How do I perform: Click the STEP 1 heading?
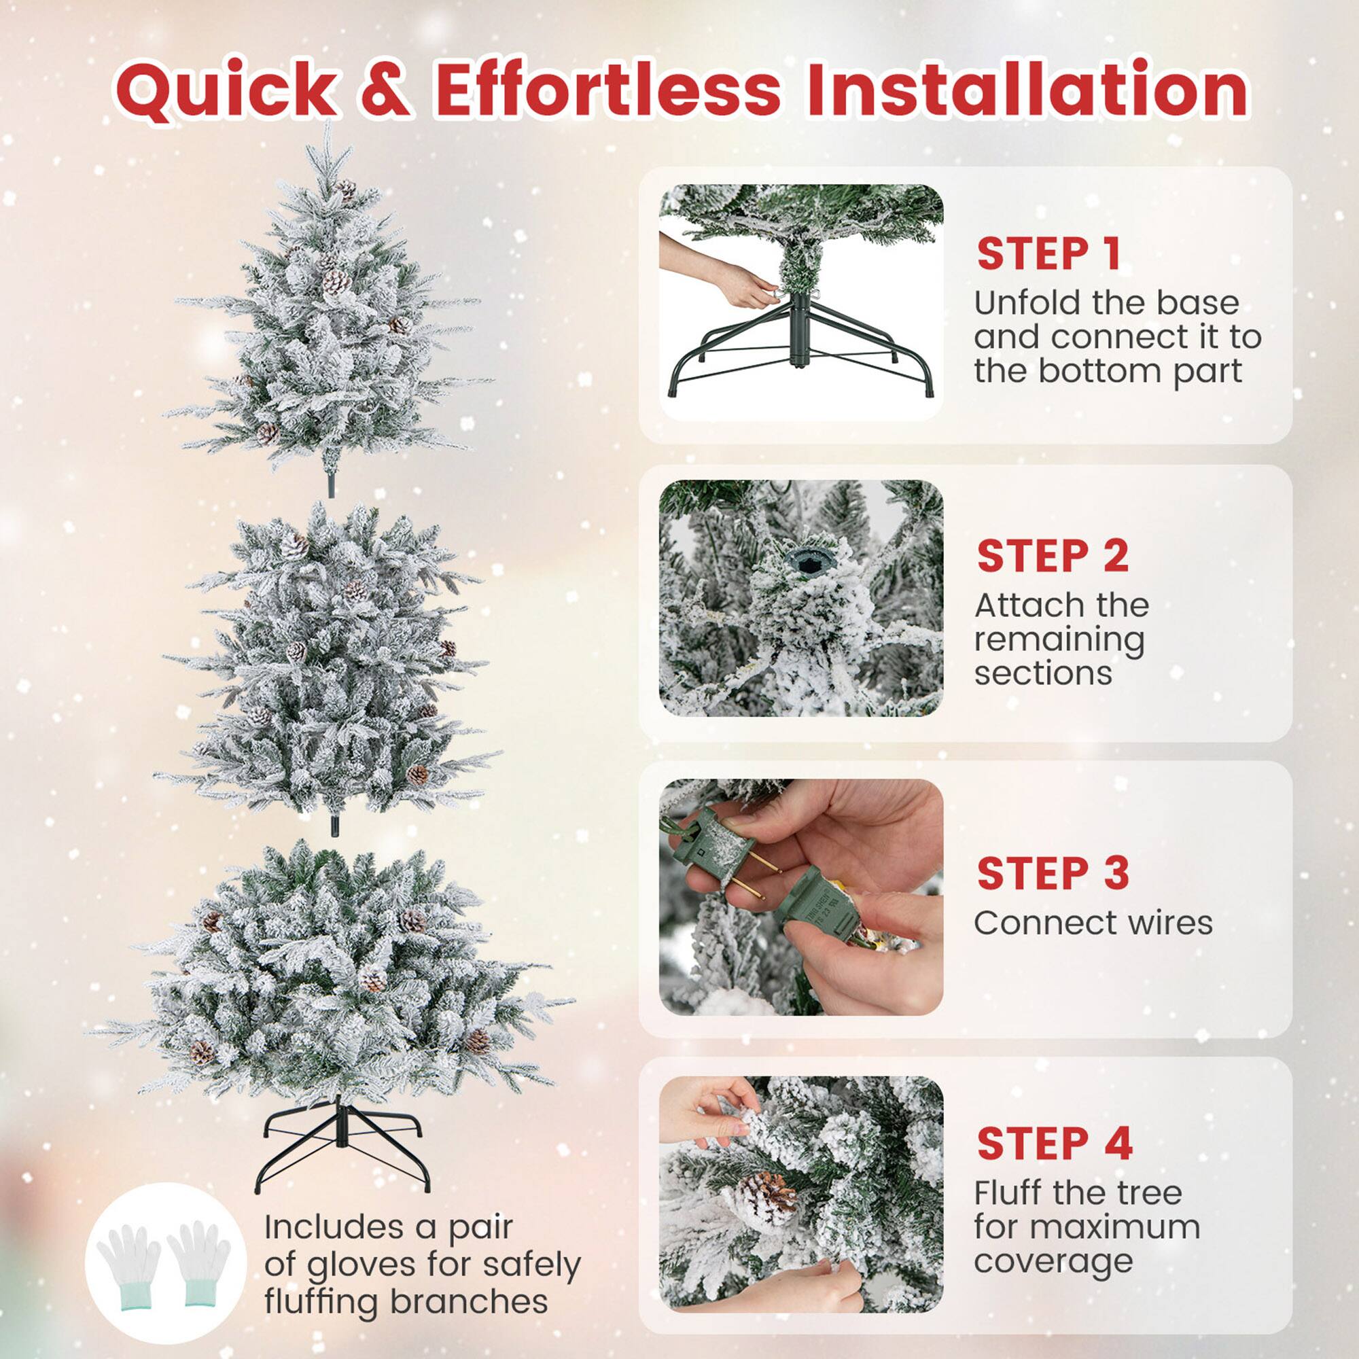1048,254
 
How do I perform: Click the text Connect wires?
1093,923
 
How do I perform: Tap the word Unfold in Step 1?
1023,303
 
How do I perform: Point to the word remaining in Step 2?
1059,640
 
